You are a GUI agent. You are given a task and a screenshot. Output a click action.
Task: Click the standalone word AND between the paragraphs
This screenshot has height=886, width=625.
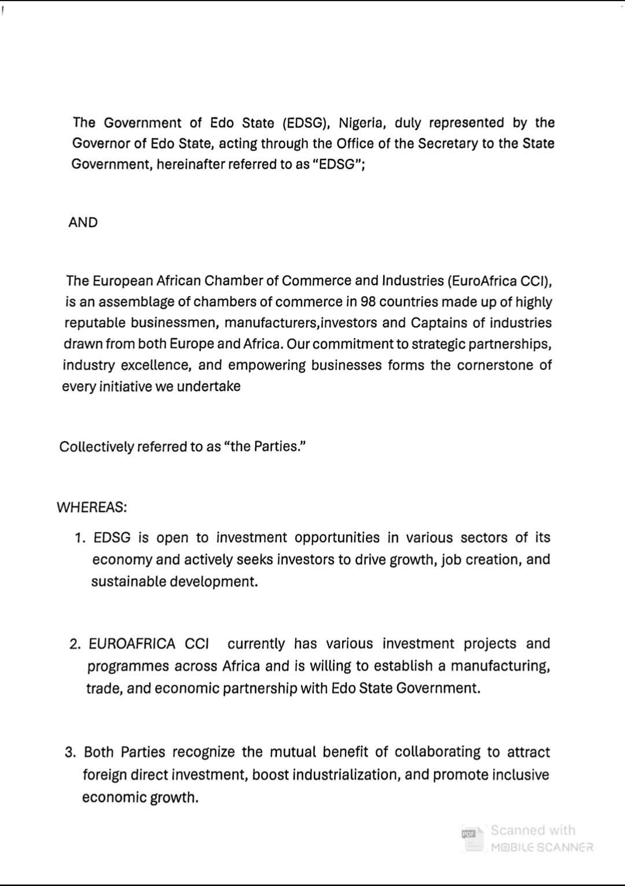tap(83, 223)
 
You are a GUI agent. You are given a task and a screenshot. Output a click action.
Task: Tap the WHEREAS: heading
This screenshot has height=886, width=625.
tap(91, 508)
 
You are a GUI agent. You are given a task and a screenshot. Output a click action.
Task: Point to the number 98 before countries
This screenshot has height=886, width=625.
tap(368, 302)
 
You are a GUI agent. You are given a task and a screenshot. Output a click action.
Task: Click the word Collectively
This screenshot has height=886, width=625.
tap(96, 447)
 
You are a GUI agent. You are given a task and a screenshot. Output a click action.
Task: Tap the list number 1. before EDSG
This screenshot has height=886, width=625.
tap(80, 538)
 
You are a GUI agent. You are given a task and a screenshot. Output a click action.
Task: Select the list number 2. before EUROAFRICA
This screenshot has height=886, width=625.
tap(75, 644)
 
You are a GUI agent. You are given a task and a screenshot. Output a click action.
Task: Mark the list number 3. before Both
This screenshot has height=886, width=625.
tap(71, 752)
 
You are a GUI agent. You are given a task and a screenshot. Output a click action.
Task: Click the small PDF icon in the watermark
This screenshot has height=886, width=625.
tap(469, 833)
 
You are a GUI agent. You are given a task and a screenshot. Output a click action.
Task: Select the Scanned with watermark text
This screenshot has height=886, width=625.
tap(533, 830)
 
